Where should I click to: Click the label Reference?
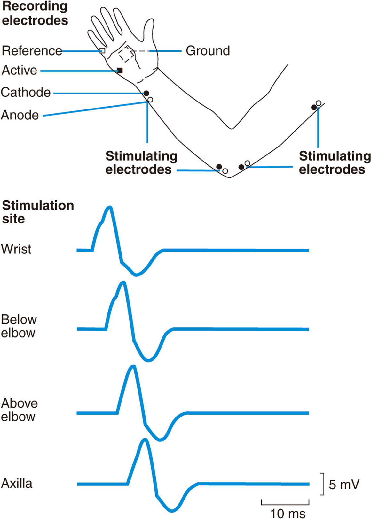[32, 51]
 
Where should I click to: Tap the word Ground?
[208, 51]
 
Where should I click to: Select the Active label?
[20, 70]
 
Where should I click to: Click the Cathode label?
[26, 93]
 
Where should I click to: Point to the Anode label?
[20, 115]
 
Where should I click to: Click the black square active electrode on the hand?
[120, 71]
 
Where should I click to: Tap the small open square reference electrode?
[102, 50]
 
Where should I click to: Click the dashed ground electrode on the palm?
[127, 54]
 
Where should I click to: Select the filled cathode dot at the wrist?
[146, 93]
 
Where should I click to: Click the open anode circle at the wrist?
[150, 100]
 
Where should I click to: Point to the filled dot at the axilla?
[314, 108]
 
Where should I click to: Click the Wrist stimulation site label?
[16, 249]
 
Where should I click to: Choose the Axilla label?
[17, 484]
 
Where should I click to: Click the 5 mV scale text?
[344, 485]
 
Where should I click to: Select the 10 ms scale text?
[288, 514]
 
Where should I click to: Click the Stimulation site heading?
[38, 212]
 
